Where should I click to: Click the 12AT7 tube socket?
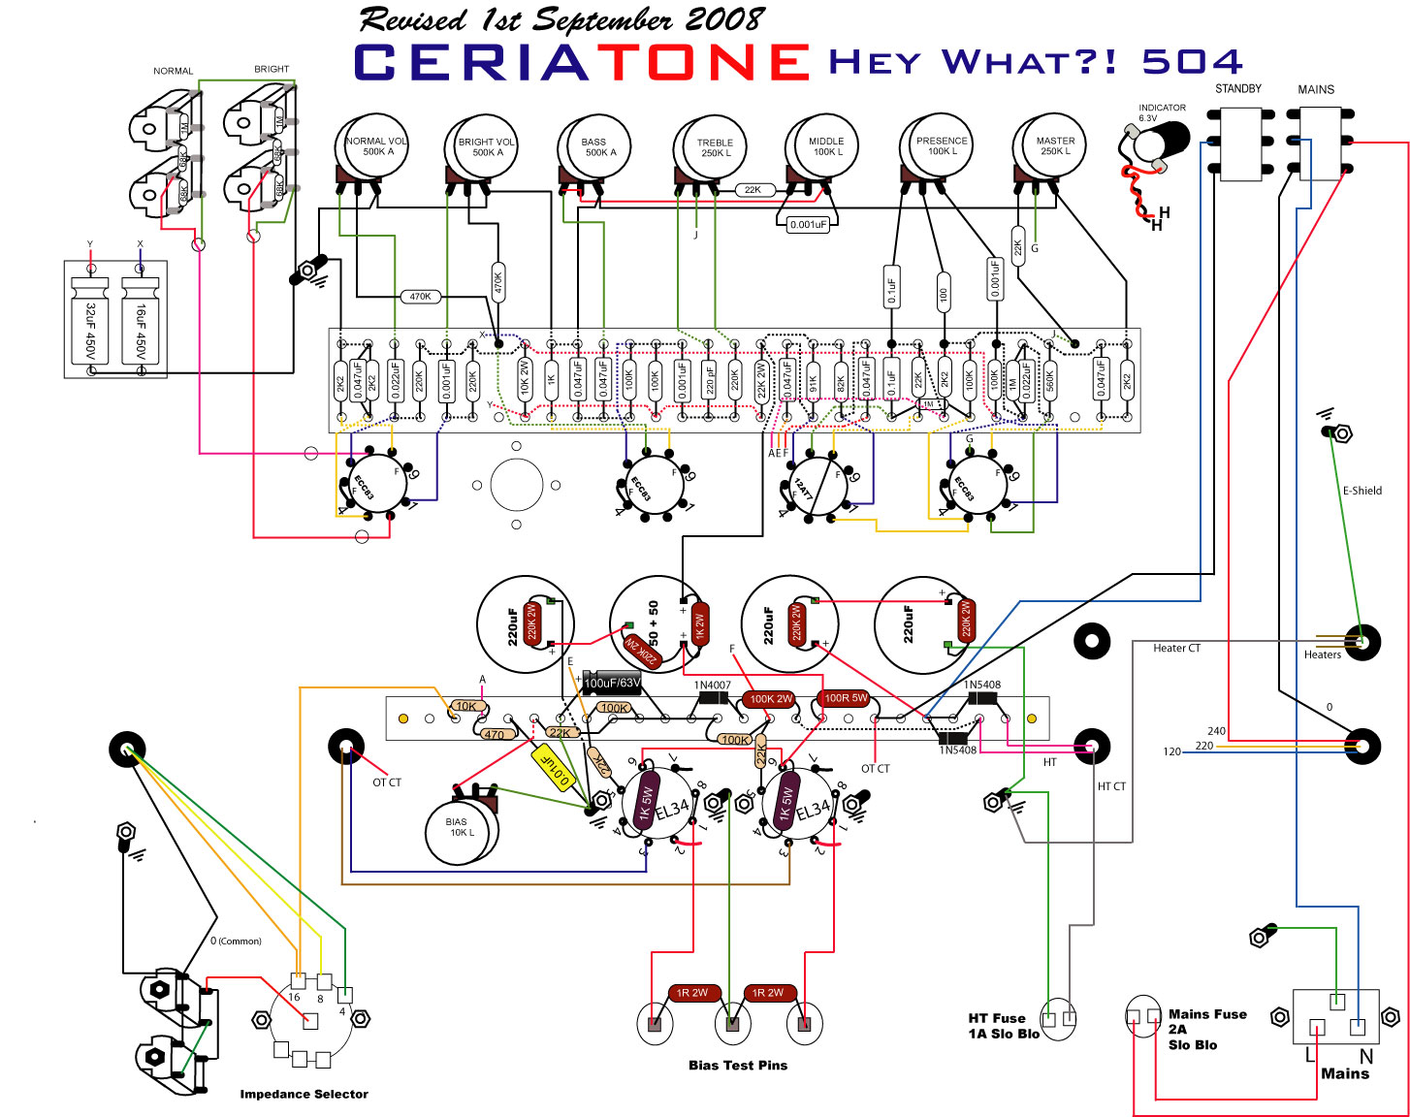pos(816,488)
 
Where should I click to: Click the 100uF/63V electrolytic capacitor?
pos(612,683)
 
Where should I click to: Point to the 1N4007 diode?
pos(713,697)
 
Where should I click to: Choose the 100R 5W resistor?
pos(846,698)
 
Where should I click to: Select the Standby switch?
pos(1238,144)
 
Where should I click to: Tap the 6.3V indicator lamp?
pos(1155,144)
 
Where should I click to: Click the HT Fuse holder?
pos(1058,1018)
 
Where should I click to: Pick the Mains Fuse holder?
pos(1143,1016)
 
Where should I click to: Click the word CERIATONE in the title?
pos(582,62)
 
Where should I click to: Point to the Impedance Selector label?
pos(304,1094)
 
